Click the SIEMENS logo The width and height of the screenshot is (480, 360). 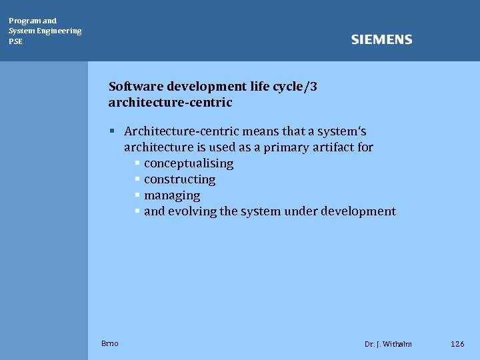coord(381,40)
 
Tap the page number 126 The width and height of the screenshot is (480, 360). coord(457,344)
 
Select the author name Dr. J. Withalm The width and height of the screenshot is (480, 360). coord(388,344)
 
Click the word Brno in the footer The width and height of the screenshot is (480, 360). coord(110,343)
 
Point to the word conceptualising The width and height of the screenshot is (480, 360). coord(189,163)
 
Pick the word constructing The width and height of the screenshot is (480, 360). coord(179,179)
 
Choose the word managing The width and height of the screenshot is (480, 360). coord(172,195)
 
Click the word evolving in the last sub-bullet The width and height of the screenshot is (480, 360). coord(192,211)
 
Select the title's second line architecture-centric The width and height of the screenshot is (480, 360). coord(170,103)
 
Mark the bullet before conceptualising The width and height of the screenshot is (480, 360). coord(137,163)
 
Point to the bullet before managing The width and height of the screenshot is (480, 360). coord(137,195)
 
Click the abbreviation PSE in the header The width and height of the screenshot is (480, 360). coord(15,41)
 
